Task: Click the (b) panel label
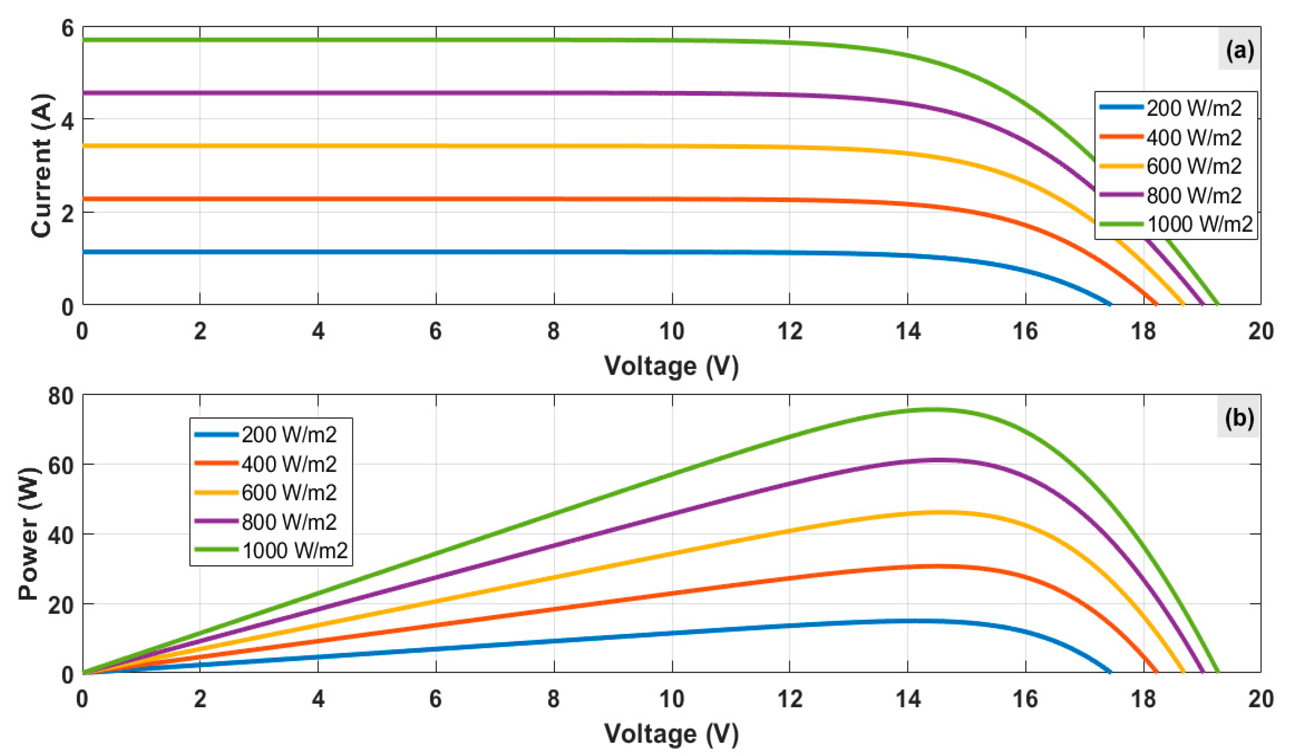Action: (1239, 418)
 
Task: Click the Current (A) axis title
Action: (42, 165)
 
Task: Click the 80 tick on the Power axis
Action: (61, 396)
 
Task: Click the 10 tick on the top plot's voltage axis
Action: (672, 331)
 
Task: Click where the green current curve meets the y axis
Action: (84, 40)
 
